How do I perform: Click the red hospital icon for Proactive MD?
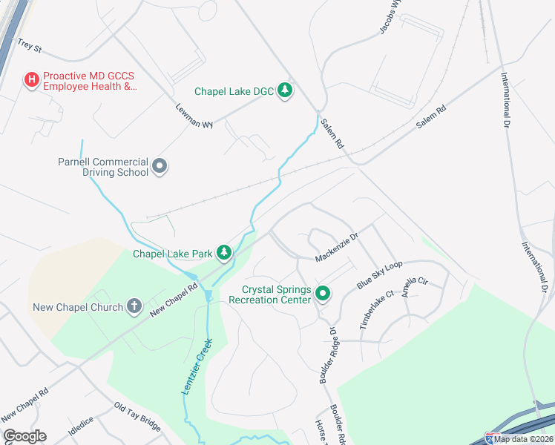(32, 79)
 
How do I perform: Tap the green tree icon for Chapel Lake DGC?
(284, 91)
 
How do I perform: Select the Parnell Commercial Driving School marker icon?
(160, 167)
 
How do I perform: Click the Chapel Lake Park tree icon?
(224, 254)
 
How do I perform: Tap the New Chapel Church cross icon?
(134, 306)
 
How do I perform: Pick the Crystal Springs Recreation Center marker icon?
(323, 294)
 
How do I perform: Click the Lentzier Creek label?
(197, 366)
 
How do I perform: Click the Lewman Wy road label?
(194, 115)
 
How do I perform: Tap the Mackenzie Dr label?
(336, 248)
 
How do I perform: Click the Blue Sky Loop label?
(378, 274)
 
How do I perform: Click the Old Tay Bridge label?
(137, 416)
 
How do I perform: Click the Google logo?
(24, 436)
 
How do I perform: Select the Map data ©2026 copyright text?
(524, 439)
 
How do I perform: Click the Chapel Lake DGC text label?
(234, 91)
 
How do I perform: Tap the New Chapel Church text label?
(78, 307)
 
